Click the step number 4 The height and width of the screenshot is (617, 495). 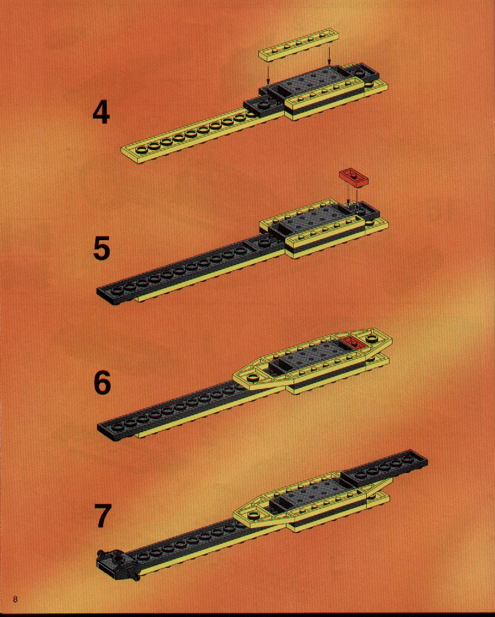101,113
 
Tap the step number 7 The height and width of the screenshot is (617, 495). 102,516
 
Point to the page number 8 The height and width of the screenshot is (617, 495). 16,600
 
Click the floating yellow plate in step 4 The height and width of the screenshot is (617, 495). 298,44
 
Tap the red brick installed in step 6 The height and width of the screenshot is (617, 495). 354,343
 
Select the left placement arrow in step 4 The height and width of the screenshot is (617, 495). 267,76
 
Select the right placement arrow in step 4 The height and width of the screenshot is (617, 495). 329,54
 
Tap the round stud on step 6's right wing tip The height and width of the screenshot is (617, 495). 372,339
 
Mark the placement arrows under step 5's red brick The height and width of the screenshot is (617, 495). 352,197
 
